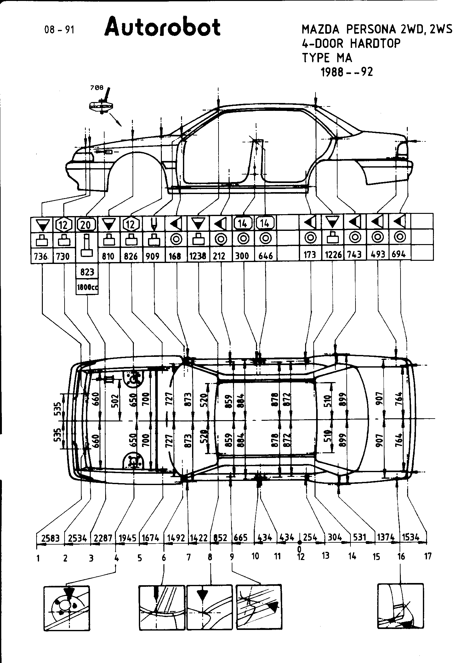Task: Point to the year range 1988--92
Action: (x=346, y=72)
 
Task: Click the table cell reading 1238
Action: (x=198, y=255)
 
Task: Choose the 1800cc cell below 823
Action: (x=87, y=287)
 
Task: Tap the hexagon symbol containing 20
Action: (x=86, y=225)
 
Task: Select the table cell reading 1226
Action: (x=333, y=254)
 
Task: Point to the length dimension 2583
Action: (x=50, y=538)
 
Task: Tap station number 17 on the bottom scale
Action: (x=428, y=556)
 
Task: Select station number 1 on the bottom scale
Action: (x=38, y=558)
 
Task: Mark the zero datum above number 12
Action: (x=299, y=542)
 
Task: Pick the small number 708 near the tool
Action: (x=97, y=88)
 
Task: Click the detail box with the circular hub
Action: (x=66, y=609)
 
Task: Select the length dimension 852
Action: (x=220, y=538)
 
